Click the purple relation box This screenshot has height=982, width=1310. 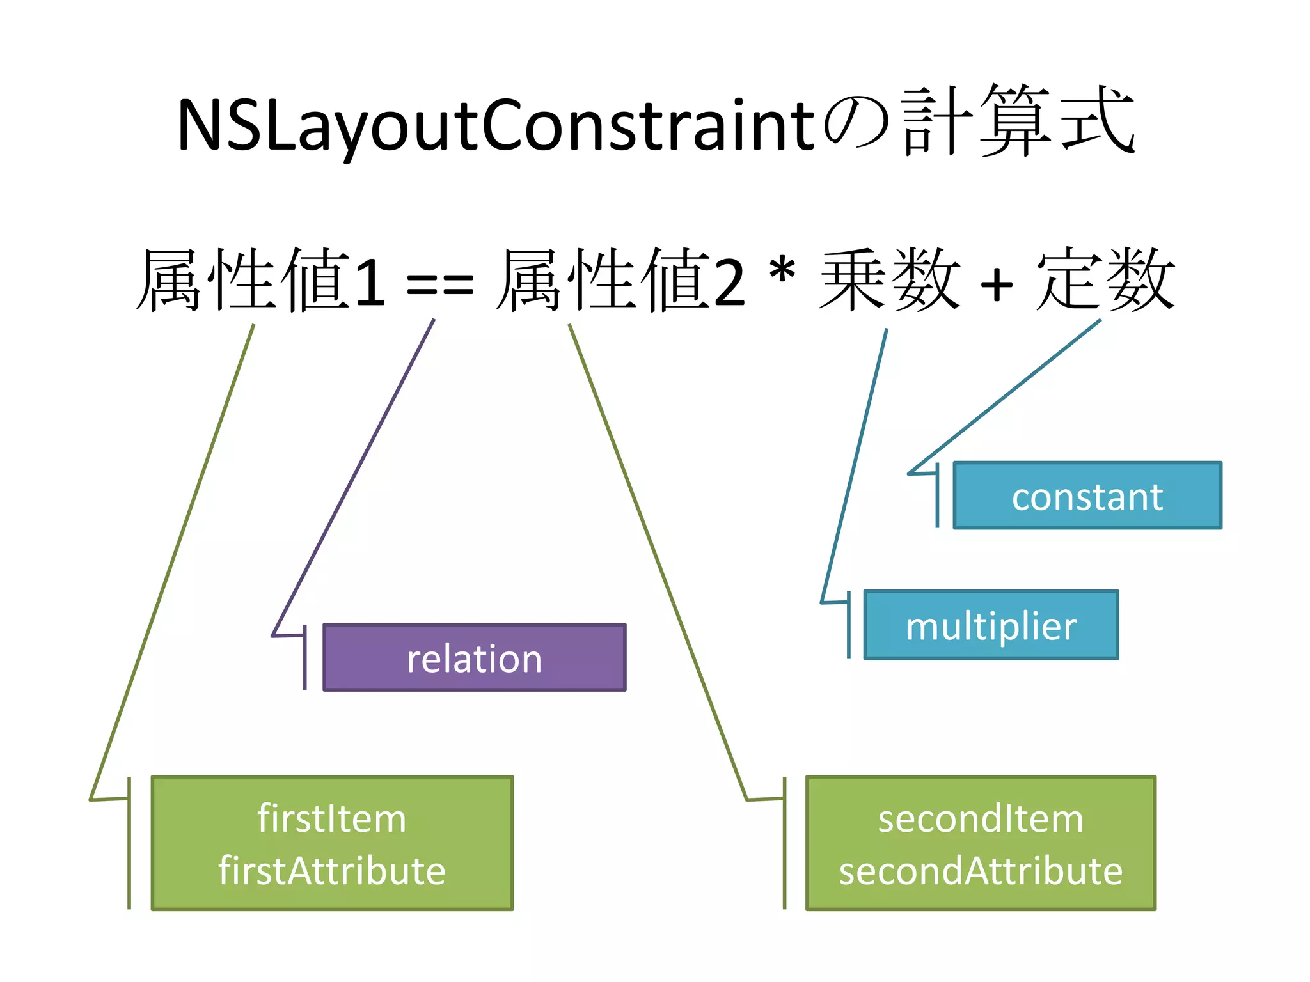click(474, 657)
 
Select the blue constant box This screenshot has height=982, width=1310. click(1087, 495)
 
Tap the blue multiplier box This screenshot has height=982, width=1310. click(991, 625)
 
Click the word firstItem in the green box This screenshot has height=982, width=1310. click(331, 818)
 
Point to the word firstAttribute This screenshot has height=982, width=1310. click(331, 871)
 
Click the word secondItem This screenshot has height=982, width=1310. click(980, 818)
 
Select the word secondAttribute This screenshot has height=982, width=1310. click(980, 871)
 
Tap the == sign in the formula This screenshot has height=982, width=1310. click(440, 285)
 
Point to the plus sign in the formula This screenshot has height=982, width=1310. click(997, 284)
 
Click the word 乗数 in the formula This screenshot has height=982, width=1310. click(889, 280)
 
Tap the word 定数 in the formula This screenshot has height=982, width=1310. click(1105, 280)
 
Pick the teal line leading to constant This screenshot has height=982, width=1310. click(1004, 396)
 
